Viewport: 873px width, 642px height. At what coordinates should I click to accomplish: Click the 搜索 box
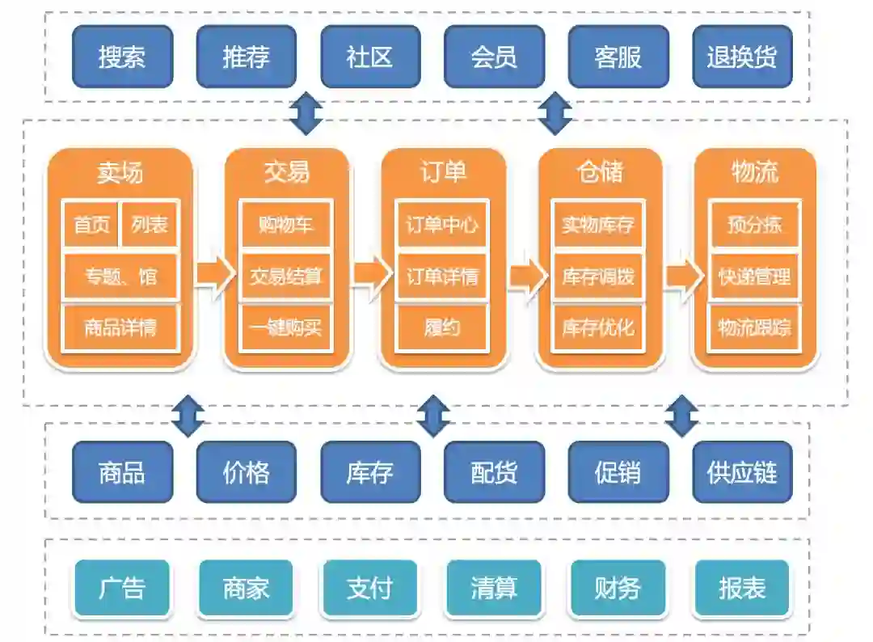pyautogui.click(x=122, y=57)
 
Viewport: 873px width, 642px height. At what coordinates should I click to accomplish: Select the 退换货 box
pyautogui.click(x=742, y=57)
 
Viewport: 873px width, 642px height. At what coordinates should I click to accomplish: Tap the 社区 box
pyautogui.click(x=370, y=57)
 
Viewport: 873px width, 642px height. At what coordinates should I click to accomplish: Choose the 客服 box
pyautogui.click(x=618, y=57)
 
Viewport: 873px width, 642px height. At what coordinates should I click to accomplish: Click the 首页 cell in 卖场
pyautogui.click(x=91, y=224)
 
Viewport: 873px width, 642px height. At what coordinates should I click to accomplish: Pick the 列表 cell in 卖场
pyautogui.click(x=150, y=224)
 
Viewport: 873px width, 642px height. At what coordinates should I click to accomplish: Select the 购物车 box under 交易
pyautogui.click(x=286, y=224)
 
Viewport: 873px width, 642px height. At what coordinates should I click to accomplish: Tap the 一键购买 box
pyautogui.click(x=286, y=327)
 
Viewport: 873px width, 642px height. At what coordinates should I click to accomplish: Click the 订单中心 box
pyautogui.click(x=442, y=224)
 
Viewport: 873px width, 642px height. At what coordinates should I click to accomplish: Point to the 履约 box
pyautogui.click(x=442, y=327)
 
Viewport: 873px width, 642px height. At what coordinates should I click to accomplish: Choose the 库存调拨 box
pyautogui.click(x=598, y=277)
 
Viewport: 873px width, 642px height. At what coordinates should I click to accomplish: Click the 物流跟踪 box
pyautogui.click(x=754, y=327)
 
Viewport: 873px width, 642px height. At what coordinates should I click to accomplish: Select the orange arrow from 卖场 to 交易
pyautogui.click(x=209, y=277)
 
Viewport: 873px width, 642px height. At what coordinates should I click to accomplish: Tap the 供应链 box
pyautogui.click(x=742, y=472)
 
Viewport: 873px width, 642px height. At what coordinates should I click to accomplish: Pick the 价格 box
pyautogui.click(x=247, y=472)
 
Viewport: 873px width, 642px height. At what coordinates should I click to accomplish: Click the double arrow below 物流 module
pyautogui.click(x=682, y=416)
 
